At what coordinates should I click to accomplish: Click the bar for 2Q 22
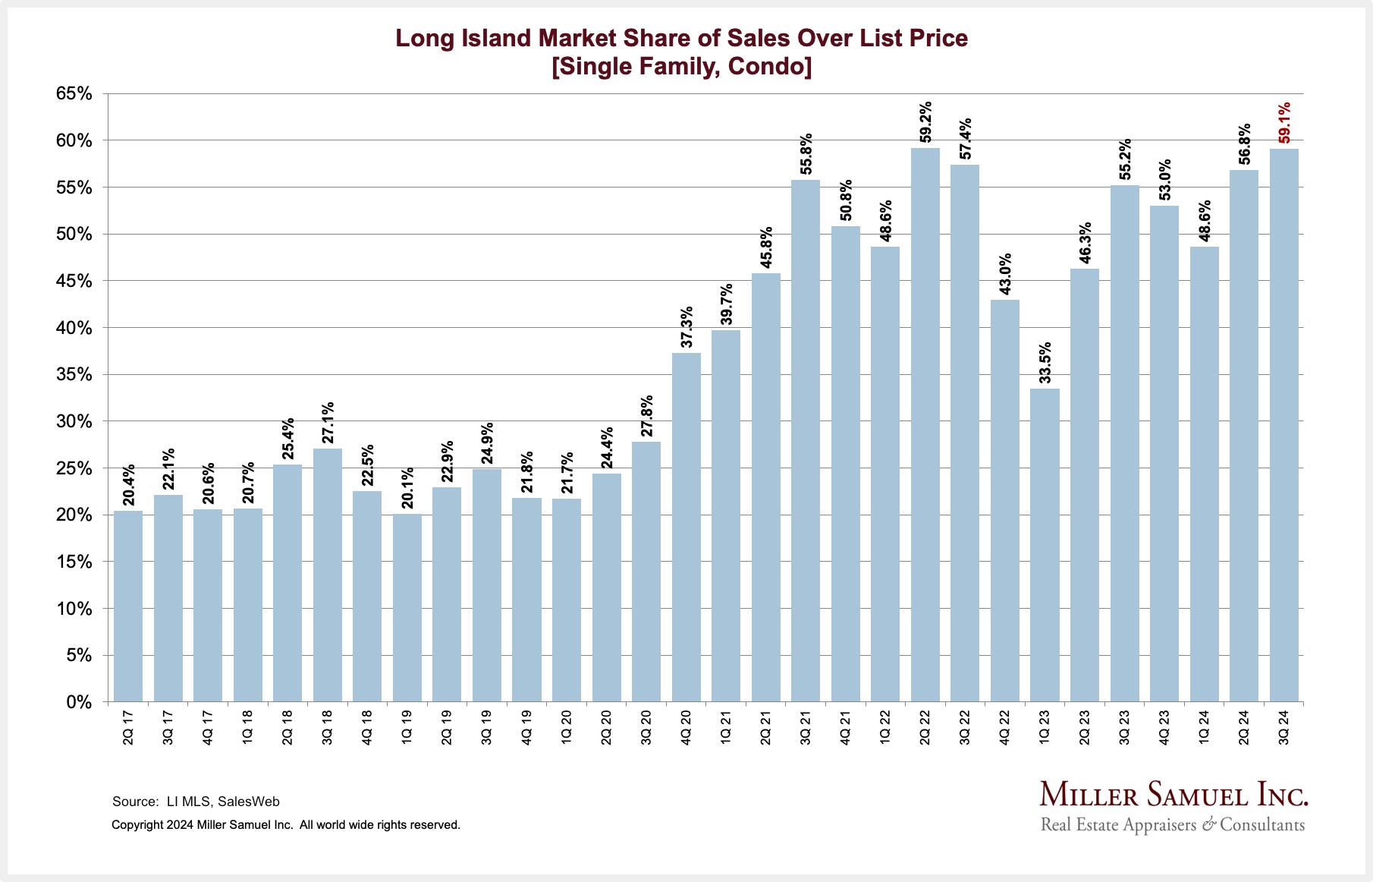coord(925,425)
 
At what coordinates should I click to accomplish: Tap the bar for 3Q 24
coord(1283,425)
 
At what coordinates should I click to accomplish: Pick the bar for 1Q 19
coord(407,607)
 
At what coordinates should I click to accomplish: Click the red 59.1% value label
coord(1284,123)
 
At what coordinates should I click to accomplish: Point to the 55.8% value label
coord(806,154)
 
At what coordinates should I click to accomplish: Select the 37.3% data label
coord(686,327)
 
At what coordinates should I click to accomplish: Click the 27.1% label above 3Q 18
coord(328,423)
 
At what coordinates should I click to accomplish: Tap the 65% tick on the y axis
coord(74,93)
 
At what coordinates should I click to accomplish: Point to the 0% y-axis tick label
coord(79,702)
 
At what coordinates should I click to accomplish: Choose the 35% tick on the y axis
coord(74,374)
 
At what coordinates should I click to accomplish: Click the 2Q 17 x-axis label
coord(128,726)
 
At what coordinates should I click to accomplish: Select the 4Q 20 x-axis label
coord(686,726)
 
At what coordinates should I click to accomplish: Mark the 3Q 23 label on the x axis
coord(1124,726)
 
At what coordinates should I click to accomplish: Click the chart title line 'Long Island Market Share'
coord(681,38)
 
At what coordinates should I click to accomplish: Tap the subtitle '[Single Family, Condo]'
coord(681,67)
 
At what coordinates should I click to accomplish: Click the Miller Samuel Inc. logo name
coord(1173,795)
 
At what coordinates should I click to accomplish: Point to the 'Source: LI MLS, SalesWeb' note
coord(196,802)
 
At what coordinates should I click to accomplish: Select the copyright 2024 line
coord(285,825)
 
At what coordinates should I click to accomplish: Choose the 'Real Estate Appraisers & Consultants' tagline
coord(1173,825)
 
